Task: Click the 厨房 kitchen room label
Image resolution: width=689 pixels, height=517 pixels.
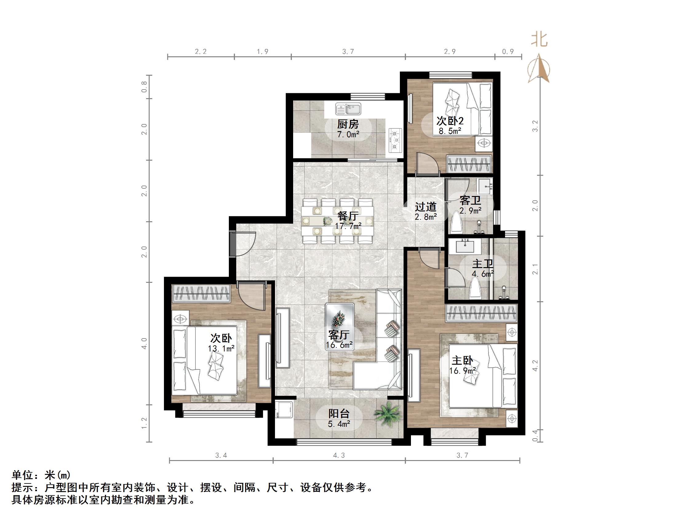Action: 348,125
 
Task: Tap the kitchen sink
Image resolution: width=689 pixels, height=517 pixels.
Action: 348,109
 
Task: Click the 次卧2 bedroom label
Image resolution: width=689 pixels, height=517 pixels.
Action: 450,121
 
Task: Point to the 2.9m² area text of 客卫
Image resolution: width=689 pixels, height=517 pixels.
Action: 470,211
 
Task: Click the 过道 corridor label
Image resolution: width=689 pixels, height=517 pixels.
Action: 425,206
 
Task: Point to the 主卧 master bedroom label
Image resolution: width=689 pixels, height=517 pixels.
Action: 463,361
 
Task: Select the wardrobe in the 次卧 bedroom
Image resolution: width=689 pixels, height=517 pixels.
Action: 201,293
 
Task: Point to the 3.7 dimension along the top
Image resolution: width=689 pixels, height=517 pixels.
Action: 348,52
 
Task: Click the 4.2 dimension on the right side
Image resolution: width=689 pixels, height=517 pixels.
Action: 535,366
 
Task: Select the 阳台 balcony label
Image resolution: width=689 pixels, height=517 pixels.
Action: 339,414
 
